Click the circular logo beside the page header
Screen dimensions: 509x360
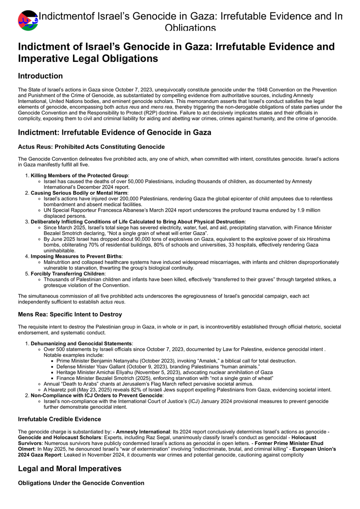click(28, 20)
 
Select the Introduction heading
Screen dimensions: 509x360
click(40, 76)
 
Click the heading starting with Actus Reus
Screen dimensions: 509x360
click(91, 147)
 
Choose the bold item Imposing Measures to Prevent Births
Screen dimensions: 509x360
click(76, 256)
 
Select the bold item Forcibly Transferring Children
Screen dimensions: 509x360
click(67, 274)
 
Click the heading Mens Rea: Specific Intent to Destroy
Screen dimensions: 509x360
click(70, 314)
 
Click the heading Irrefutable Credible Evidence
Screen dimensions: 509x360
click(59, 419)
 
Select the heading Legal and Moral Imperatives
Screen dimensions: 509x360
click(70, 468)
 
